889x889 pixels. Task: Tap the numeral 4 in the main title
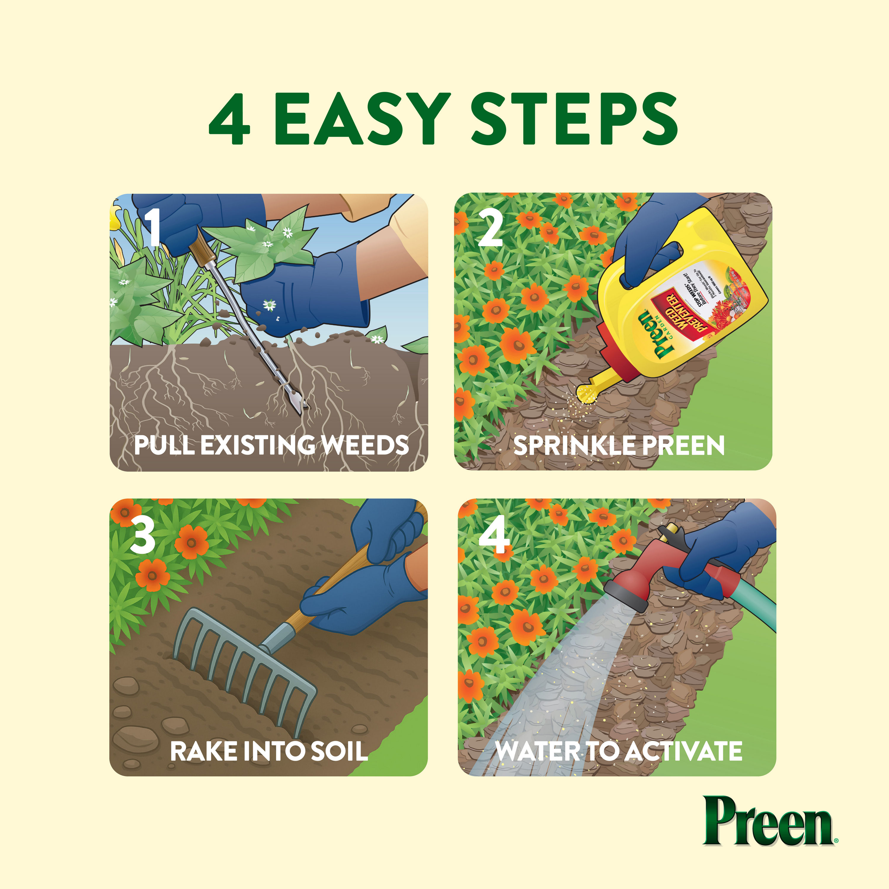(x=230, y=120)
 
